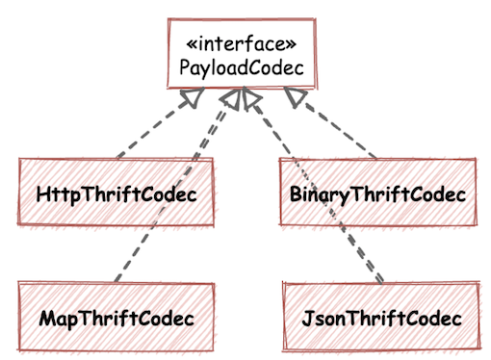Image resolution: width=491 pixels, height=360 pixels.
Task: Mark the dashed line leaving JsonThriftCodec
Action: click(x=318, y=193)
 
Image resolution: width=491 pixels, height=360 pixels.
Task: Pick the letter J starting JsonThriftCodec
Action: click(x=307, y=318)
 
